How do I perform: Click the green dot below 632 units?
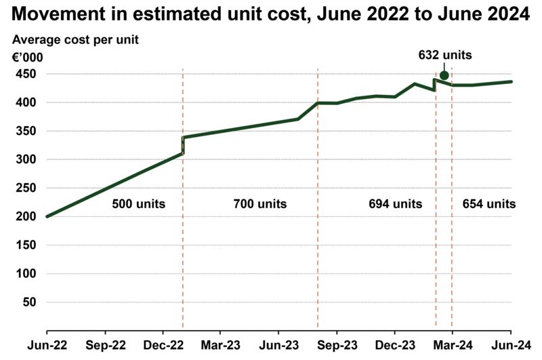click(444, 75)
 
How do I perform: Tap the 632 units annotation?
click(444, 56)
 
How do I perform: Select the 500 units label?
click(138, 203)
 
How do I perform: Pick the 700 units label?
click(259, 203)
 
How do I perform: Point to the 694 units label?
click(395, 203)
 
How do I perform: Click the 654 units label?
click(488, 203)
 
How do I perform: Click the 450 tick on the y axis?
click(25, 74)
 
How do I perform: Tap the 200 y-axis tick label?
click(25, 216)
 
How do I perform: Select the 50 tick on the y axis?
click(29, 302)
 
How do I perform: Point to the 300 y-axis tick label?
click(25, 159)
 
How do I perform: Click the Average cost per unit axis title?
click(75, 39)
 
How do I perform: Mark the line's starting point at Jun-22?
click(47, 216)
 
